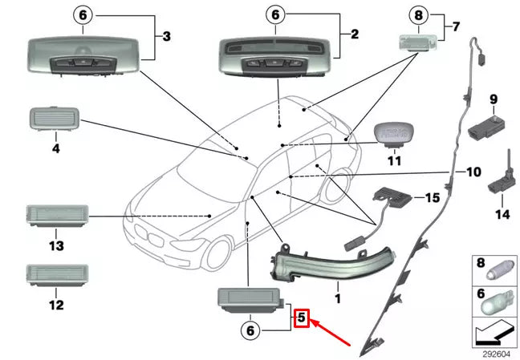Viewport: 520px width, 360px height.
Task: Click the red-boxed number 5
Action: point(301,318)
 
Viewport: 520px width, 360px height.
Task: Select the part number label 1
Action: point(338,298)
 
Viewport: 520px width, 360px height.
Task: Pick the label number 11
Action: point(393,160)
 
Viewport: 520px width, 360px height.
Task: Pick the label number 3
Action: point(166,36)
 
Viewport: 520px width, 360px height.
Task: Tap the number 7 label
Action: point(456,27)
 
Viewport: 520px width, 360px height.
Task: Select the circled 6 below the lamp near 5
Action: point(250,330)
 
